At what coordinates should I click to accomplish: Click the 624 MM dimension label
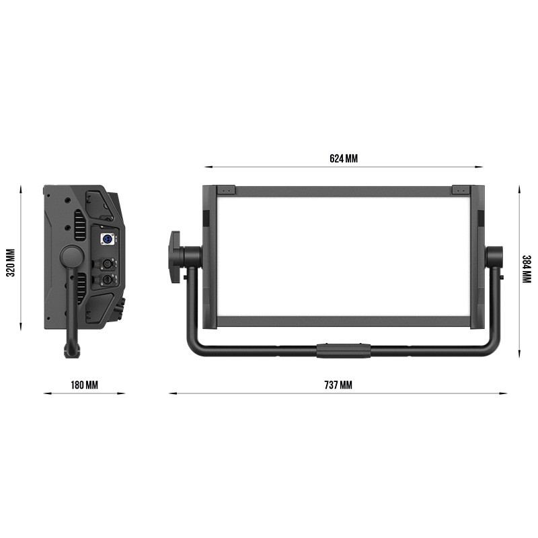click(344, 159)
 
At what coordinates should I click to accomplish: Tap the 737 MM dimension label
click(338, 385)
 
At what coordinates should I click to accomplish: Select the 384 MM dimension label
click(527, 270)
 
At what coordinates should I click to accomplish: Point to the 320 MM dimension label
click(11, 263)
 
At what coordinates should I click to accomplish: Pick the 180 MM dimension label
click(85, 385)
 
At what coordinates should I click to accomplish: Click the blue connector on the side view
click(107, 239)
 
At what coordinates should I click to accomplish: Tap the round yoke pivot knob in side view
click(72, 257)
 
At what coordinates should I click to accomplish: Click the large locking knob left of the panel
click(175, 257)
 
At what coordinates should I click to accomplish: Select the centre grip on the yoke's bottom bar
click(344, 350)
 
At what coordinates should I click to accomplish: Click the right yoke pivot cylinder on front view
click(494, 257)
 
